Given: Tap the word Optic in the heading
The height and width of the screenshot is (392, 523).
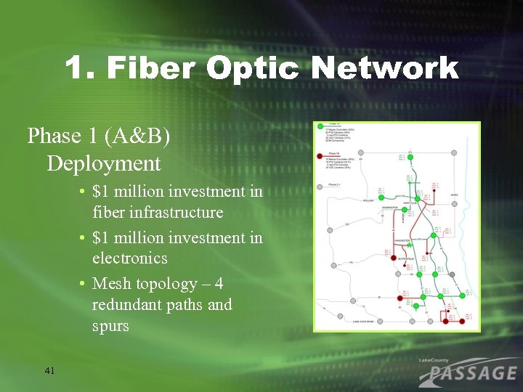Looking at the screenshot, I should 252,69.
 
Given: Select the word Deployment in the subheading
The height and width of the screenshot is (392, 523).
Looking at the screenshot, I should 104,163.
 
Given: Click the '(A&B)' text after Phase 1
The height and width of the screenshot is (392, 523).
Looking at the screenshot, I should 138,136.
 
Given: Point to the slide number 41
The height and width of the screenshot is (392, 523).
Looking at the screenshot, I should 49,371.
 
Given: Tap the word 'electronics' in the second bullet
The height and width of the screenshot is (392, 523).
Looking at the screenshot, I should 130,258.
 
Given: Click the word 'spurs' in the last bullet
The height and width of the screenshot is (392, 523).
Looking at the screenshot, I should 110,326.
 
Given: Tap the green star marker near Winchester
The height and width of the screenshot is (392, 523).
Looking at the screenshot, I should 410,245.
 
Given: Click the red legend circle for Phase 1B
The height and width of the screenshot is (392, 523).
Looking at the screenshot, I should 320,155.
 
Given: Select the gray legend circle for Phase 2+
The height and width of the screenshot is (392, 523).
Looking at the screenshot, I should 320,187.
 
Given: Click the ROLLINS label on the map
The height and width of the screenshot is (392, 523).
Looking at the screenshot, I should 367,201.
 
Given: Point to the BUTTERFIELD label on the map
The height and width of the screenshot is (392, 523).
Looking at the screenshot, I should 406,258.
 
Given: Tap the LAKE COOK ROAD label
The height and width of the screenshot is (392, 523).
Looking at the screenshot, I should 363,321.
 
